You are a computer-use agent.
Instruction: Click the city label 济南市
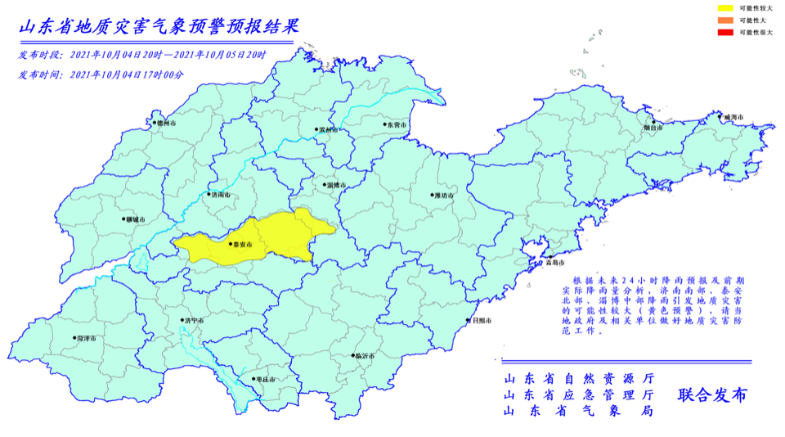tap(220, 196)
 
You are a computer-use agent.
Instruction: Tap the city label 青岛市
tap(554, 264)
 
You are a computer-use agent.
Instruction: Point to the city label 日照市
tap(481, 321)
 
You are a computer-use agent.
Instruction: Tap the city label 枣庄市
tap(264, 379)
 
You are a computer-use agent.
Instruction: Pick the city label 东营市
tap(397, 125)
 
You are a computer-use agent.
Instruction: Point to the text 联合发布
tap(711, 395)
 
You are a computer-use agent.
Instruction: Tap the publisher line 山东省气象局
tap(578, 411)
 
